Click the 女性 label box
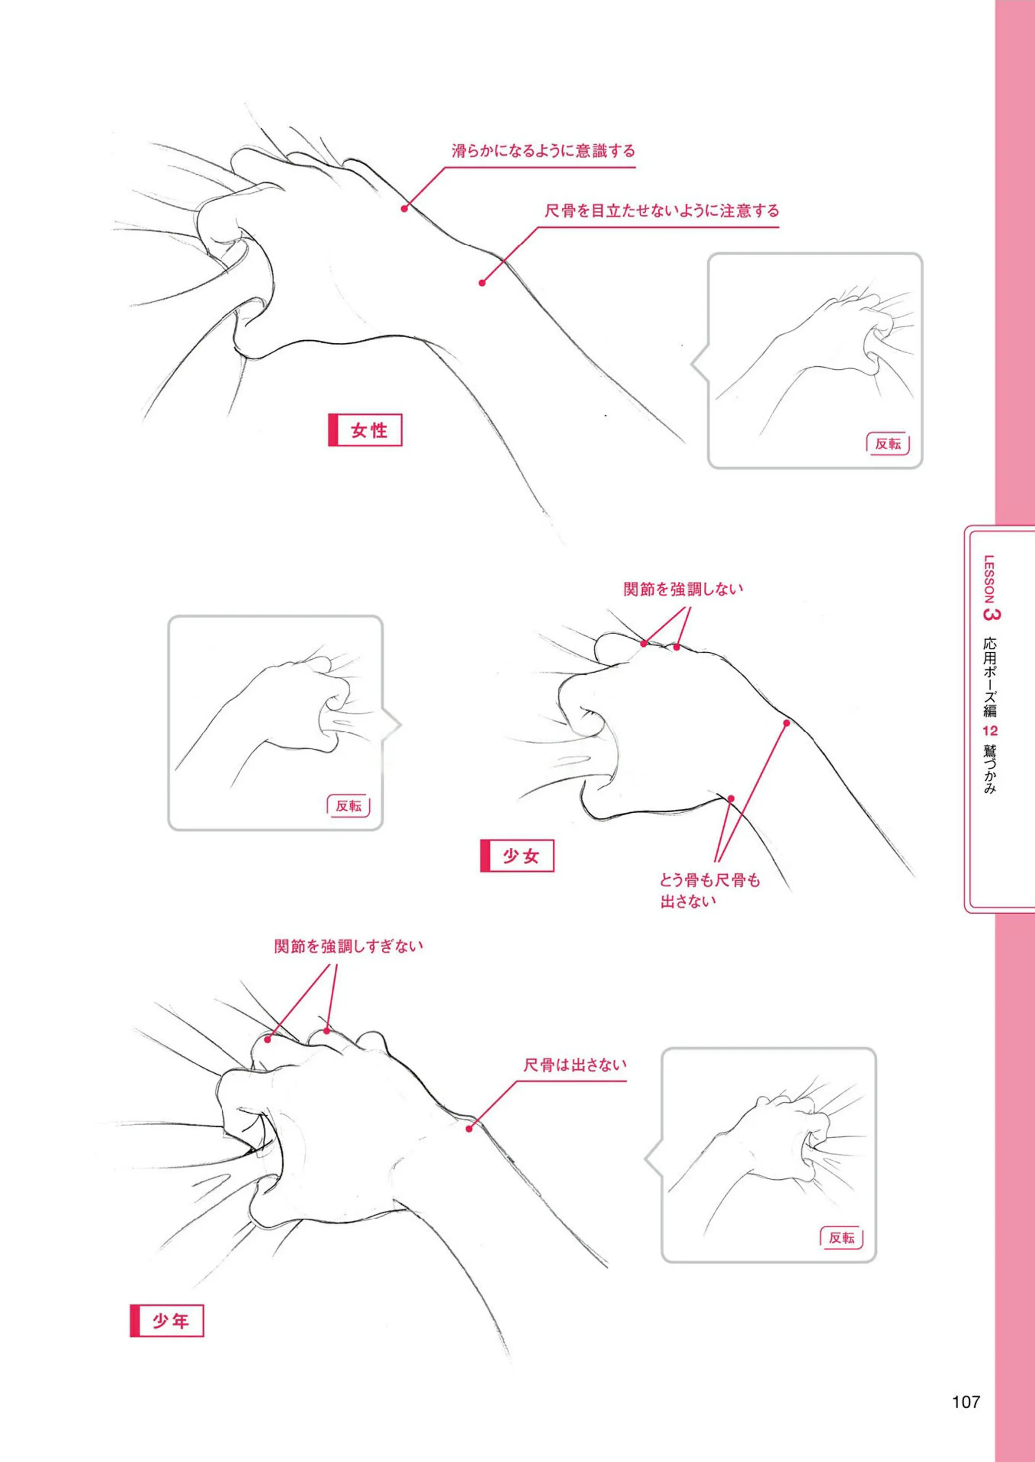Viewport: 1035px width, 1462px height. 365,430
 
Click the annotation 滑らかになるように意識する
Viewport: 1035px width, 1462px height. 544,151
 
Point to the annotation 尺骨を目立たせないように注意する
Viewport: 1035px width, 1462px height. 661,211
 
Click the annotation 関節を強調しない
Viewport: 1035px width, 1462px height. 683,589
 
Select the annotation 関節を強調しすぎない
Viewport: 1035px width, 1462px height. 348,946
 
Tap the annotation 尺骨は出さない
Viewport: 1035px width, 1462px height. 575,1064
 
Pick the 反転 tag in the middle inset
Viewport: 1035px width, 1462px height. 348,806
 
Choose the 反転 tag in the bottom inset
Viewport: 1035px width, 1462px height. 841,1237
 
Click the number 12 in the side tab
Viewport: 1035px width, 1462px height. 990,730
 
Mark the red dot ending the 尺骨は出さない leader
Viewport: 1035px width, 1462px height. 469,1129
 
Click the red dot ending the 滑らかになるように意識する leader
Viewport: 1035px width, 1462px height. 404,208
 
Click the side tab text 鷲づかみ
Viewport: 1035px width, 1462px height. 990,768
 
